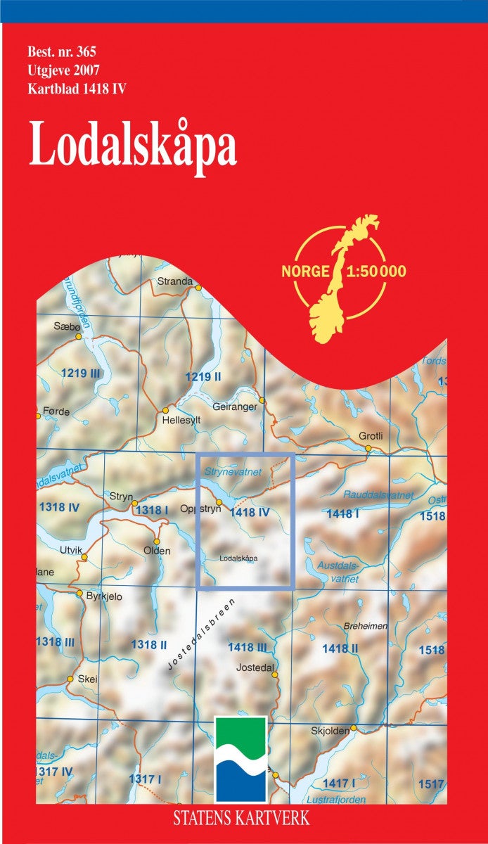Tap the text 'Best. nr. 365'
[62, 52]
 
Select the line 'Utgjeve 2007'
[64, 70]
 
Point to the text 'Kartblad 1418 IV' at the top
[77, 89]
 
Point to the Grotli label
[371, 436]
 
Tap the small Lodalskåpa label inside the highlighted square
[239, 559]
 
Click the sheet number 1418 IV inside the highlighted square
[250, 513]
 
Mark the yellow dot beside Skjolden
[354, 728]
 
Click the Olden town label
[157, 551]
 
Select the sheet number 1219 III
[80, 374]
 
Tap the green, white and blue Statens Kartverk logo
[240, 760]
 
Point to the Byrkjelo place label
[105, 596]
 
